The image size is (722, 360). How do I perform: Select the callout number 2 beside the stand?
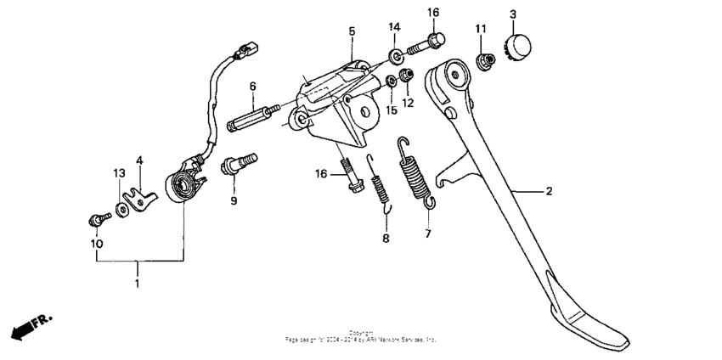click(x=549, y=191)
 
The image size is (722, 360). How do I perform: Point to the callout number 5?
click(x=352, y=31)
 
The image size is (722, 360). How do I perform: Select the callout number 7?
click(x=428, y=232)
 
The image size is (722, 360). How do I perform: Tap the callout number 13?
click(x=120, y=173)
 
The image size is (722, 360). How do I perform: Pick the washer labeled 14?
click(x=397, y=56)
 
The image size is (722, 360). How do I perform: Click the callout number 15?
click(x=392, y=110)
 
